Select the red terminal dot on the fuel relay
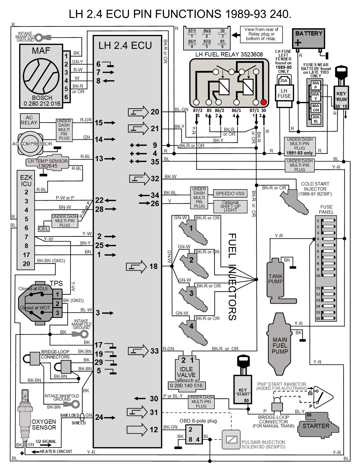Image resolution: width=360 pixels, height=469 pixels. tap(263, 102)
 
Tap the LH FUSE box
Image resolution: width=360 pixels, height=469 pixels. tap(284, 93)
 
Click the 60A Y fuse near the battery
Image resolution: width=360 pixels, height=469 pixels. tap(316, 96)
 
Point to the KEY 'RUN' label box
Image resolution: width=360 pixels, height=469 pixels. tap(341, 97)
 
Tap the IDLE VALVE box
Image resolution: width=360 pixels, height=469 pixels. tap(186, 372)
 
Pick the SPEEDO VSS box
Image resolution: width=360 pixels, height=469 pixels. tap(230, 193)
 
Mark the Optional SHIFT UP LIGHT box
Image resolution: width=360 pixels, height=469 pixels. tap(230, 206)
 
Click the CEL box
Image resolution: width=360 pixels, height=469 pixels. tap(43, 229)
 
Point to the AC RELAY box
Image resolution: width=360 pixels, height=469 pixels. tap(29, 120)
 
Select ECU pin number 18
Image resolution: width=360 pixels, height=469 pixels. tap(153, 266)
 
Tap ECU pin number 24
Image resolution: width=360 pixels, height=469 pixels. tap(99, 417)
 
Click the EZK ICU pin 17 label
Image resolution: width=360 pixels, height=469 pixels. tap(26, 255)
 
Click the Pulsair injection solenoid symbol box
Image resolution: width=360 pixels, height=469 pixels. tap(231, 439)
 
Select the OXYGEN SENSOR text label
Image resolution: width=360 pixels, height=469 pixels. tap(44, 424)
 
